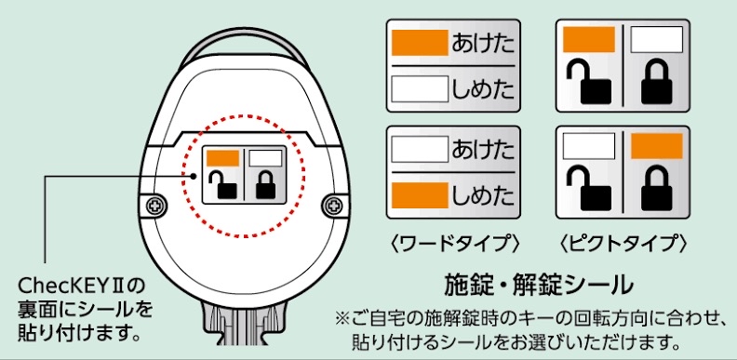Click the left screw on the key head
coord(154,206)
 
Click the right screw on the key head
coord(333,206)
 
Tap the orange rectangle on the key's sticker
coord(222,158)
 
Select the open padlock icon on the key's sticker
coord(222,185)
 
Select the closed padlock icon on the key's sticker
coord(265,185)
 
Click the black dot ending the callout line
coord(194,176)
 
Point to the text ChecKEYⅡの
coord(81,286)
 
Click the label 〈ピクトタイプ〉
coord(623,245)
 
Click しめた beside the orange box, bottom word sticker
coord(483,195)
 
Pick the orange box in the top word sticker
coord(420,43)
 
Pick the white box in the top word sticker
coord(420,88)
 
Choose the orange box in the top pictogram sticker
coord(589,39)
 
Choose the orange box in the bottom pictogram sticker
coord(657,146)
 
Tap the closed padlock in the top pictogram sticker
coord(657,83)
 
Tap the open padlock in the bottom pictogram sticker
coord(589,189)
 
